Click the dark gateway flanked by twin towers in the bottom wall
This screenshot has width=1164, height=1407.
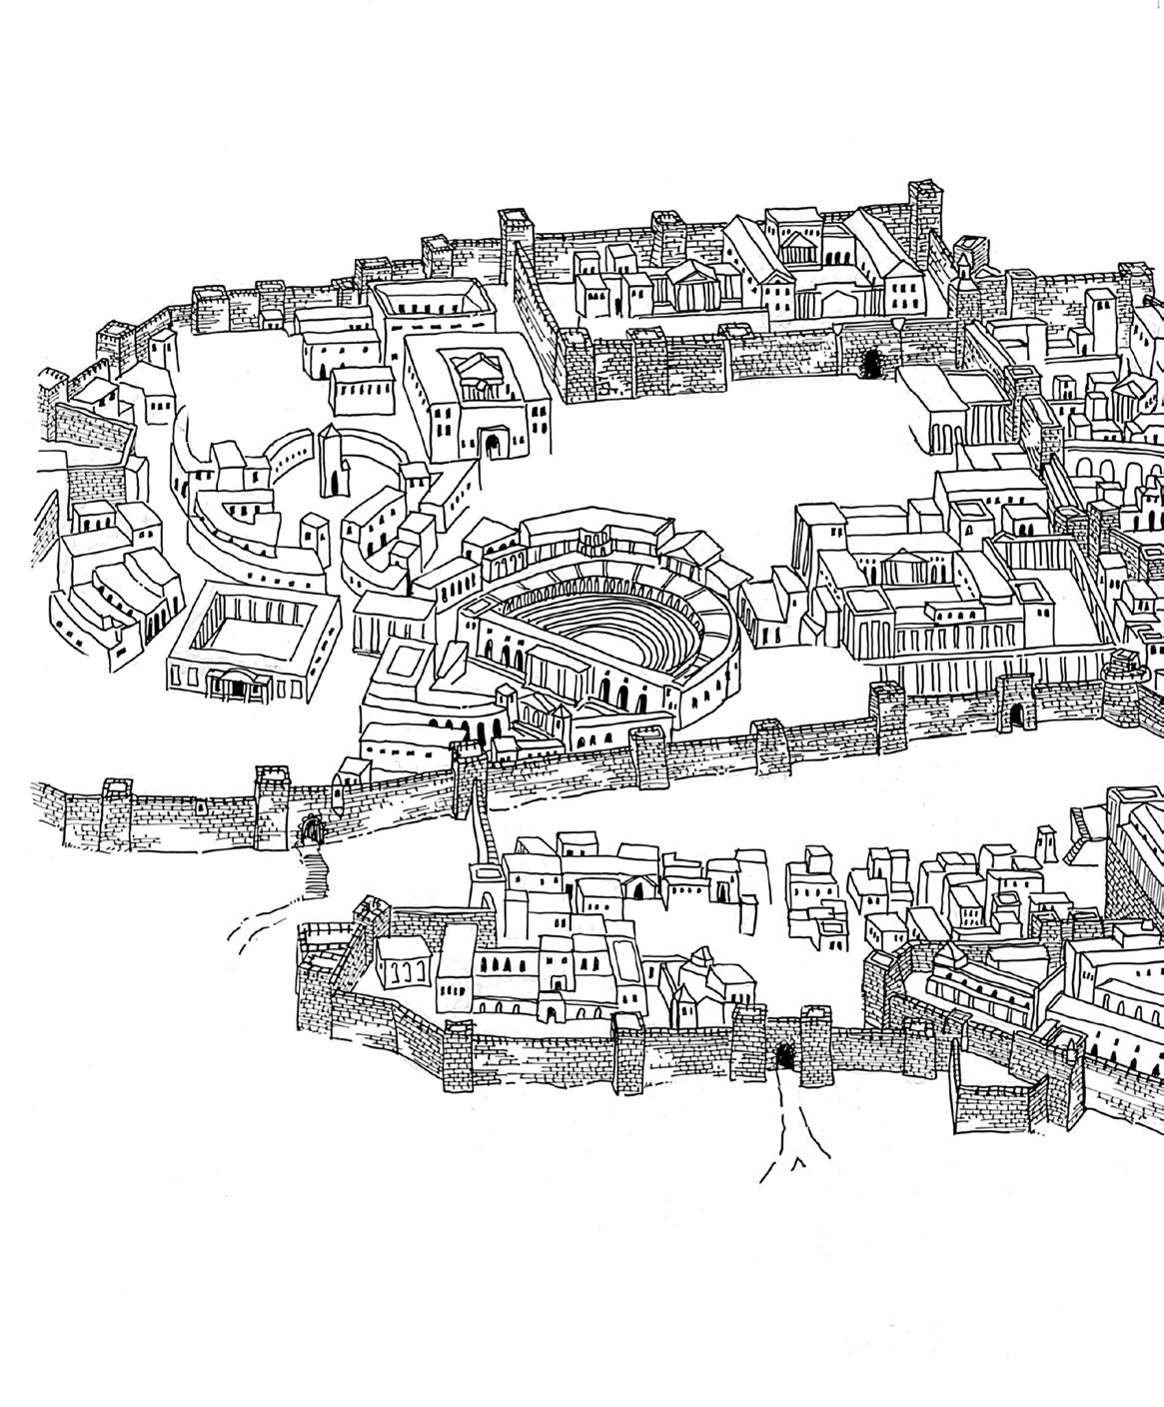(785, 1054)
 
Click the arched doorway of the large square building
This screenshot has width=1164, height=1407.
(492, 445)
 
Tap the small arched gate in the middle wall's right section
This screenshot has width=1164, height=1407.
(1016, 713)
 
